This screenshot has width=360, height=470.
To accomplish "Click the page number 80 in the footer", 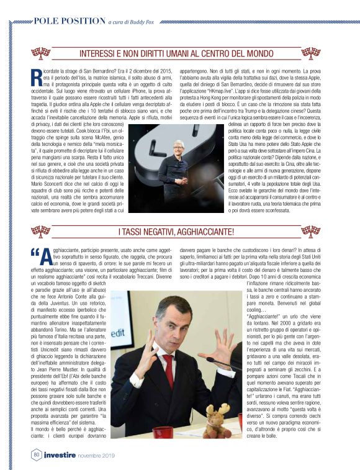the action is [37, 456].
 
